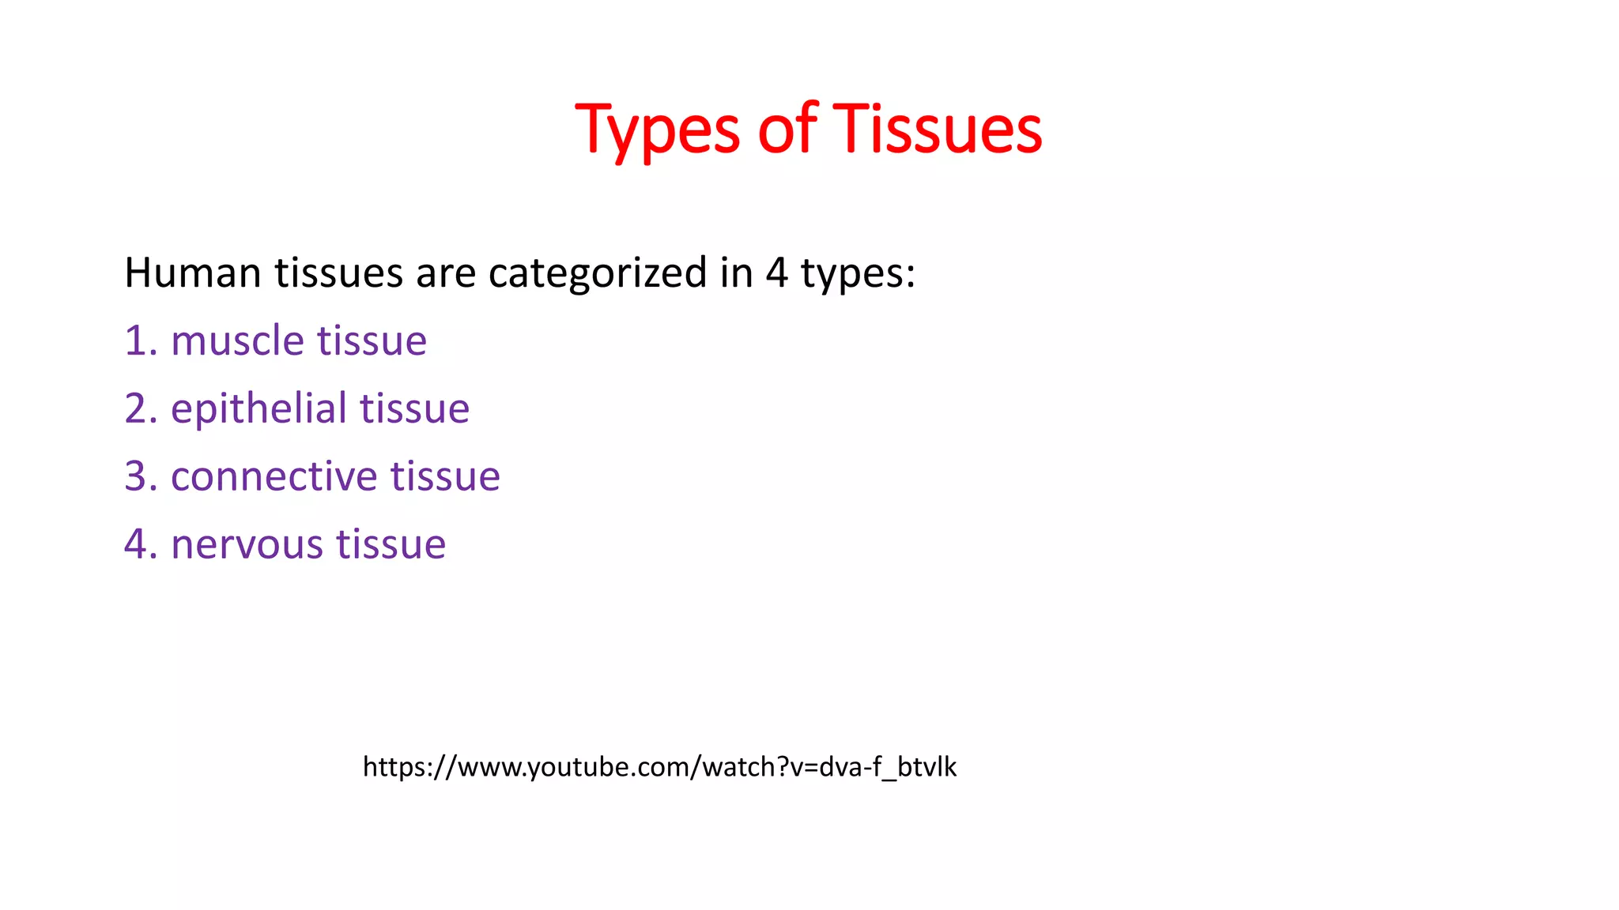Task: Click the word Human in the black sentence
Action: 193,273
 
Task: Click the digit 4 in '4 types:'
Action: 776,273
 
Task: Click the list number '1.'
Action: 141,341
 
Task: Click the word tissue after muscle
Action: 372,341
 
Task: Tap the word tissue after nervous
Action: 391,545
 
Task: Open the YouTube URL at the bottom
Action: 659,767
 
